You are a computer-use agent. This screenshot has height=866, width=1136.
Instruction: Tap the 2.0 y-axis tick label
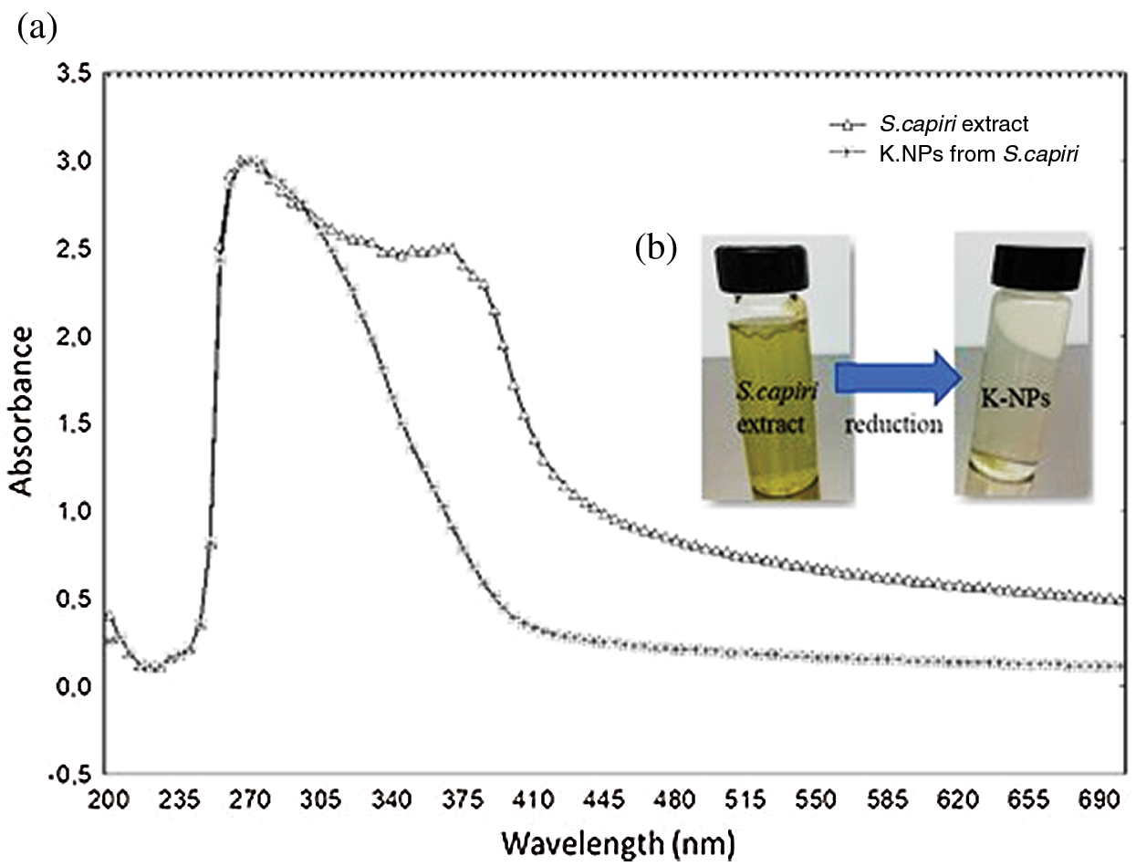click(x=76, y=336)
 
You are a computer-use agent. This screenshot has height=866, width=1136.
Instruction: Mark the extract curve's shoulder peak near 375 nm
click(x=449, y=246)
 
